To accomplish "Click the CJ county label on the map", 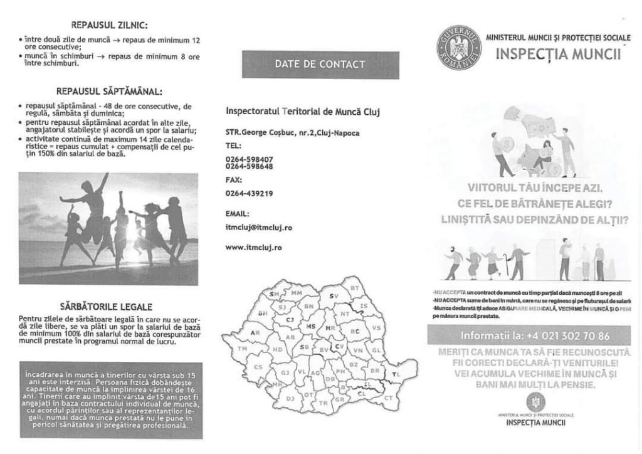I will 290,319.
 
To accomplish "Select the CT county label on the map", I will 388,398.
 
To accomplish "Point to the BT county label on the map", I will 355,287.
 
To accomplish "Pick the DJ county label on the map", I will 290,398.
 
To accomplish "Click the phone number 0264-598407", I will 249,159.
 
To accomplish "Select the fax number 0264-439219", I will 249,194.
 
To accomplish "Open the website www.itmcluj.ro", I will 253,248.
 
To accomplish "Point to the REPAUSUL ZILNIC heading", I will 110,26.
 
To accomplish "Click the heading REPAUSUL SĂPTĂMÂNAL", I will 110,90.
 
